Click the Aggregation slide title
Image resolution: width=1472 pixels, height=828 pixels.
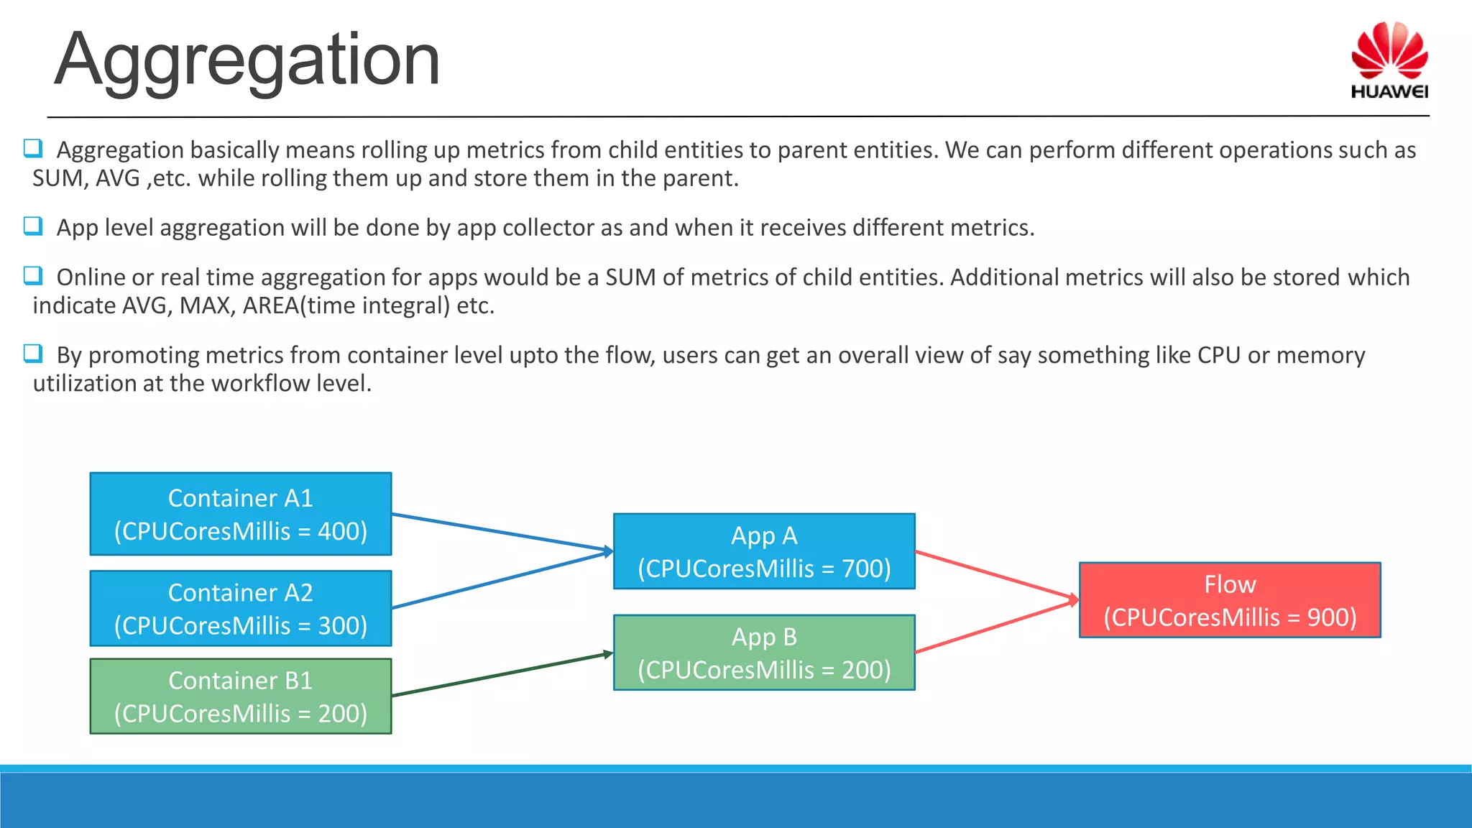pos(247,60)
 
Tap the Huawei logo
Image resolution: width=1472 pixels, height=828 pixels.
pos(1389,60)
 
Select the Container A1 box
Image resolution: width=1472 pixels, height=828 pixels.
pos(241,514)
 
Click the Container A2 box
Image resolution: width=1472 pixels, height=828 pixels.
pos(241,608)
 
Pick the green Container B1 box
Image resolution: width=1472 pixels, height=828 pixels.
pos(241,696)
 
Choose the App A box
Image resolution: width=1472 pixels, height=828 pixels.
pos(764,551)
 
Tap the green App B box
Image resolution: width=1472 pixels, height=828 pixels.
pos(764,653)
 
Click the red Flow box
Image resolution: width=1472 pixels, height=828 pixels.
pos(1230,600)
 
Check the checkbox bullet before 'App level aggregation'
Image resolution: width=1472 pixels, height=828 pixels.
pos(33,226)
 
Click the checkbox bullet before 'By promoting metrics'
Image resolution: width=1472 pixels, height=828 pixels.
pos(33,354)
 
